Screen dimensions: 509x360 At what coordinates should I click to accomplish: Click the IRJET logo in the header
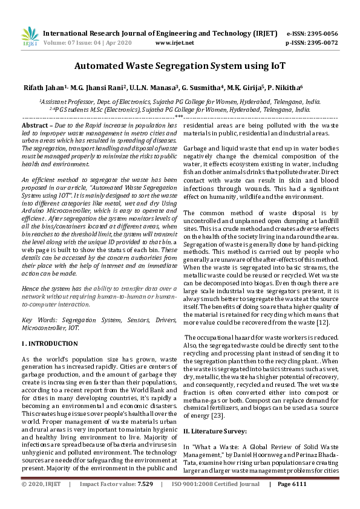(x=29, y=37)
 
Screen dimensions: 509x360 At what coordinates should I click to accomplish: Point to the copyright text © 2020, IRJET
(x=41, y=501)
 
